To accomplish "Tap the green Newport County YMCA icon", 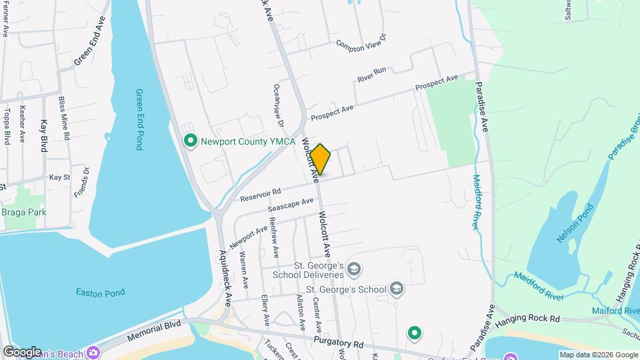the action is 190,141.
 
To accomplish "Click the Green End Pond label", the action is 139,119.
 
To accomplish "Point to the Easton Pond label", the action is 100,292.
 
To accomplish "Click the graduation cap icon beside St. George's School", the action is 397,289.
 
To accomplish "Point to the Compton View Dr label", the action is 361,44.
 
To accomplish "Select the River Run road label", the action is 371,74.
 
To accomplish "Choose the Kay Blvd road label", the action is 45,135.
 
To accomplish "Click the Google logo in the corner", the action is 22,351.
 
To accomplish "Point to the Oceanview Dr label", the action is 278,105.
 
